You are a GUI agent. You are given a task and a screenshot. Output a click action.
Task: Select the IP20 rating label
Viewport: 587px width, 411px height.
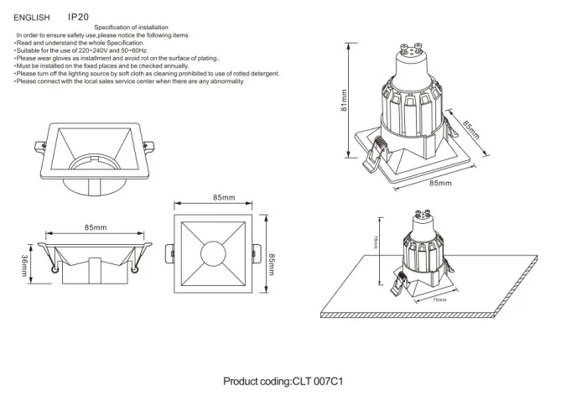tap(78, 16)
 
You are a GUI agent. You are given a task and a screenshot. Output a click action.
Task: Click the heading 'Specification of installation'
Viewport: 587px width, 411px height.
tap(130, 28)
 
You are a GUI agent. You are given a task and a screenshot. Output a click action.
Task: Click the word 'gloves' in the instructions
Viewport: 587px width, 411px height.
tap(55, 59)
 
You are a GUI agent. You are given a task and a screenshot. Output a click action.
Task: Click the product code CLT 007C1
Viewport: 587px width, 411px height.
tap(319, 382)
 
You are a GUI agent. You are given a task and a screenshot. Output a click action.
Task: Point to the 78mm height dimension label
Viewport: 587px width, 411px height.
tap(376, 242)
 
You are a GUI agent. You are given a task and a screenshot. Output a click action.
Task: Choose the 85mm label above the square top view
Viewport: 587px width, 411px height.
tap(223, 198)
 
